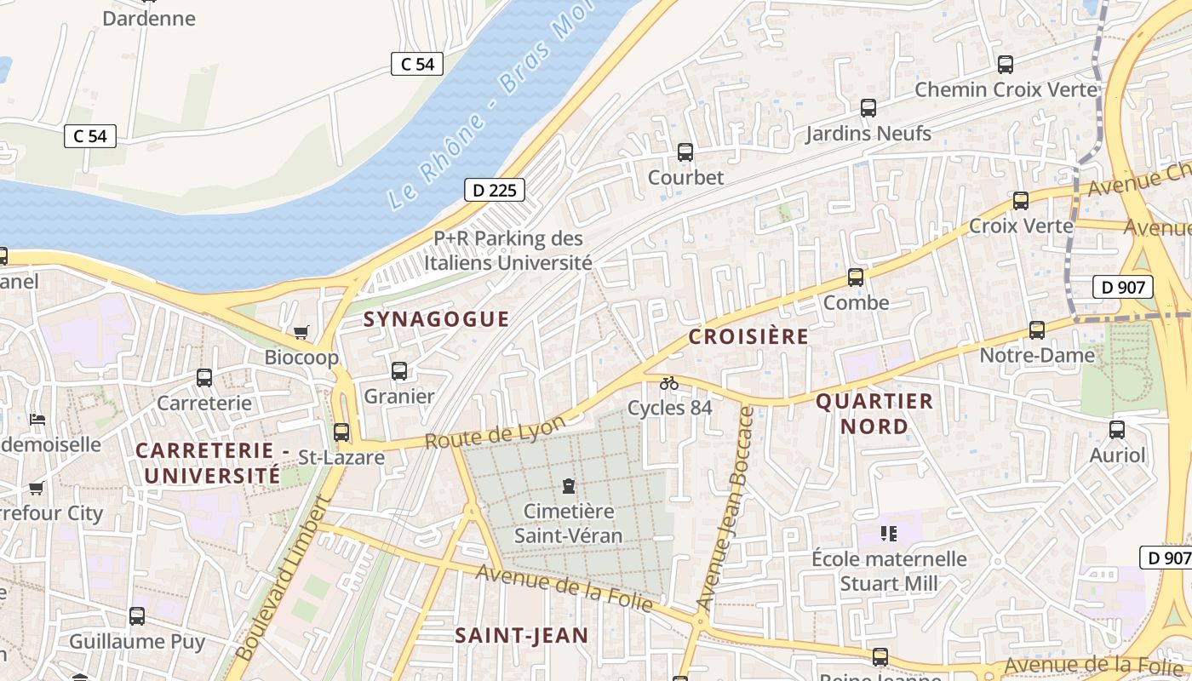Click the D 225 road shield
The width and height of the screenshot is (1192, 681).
[495, 190]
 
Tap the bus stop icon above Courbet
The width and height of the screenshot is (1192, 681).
[685, 152]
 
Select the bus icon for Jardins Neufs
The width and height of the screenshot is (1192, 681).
[868, 108]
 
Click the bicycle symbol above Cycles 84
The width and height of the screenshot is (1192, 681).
[669, 383]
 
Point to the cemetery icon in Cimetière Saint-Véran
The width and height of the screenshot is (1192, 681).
[568, 486]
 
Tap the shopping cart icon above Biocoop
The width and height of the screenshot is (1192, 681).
[301, 332]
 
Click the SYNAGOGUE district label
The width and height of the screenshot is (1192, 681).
[436, 319]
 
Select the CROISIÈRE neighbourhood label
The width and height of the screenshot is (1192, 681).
[748, 336]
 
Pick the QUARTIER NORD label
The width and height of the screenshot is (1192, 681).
[874, 414]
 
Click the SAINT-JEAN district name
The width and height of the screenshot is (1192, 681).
[521, 635]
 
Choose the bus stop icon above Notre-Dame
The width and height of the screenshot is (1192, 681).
[1037, 330]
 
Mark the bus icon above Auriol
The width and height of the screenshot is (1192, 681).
[1117, 430]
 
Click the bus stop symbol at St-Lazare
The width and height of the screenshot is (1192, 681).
[341, 432]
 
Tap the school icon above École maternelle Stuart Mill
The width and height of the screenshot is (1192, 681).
[889, 534]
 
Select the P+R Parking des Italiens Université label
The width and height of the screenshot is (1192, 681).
[508, 251]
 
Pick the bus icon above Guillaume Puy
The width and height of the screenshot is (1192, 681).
[137, 616]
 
